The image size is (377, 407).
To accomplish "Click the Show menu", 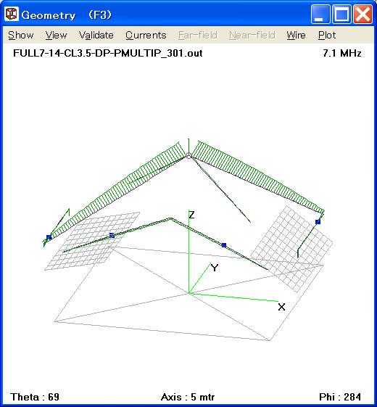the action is click(x=21, y=35).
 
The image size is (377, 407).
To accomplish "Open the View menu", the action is click(x=56, y=35).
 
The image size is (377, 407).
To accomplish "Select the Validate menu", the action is click(x=96, y=35).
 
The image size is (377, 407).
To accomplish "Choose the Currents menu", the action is click(x=146, y=35).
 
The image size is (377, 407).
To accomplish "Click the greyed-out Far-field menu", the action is click(x=198, y=35).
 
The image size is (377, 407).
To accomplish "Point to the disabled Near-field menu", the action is click(x=252, y=35).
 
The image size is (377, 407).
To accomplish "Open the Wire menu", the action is click(x=296, y=35).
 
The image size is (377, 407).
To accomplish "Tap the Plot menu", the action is click(x=327, y=35).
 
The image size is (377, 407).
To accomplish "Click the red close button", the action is click(x=362, y=14).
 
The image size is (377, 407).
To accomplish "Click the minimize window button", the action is click(x=320, y=14).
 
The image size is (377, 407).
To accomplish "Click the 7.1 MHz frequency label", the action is click(x=341, y=53).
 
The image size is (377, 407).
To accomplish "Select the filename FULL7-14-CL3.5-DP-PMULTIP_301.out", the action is click(x=108, y=53).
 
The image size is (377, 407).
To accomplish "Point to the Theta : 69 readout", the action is click(x=35, y=397).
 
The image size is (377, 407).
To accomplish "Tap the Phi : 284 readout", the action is click(x=340, y=397).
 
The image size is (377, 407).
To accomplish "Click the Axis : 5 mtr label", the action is click(x=188, y=397).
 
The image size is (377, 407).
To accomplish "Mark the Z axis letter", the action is click(x=191, y=215).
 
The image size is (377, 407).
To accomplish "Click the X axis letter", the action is click(x=281, y=307).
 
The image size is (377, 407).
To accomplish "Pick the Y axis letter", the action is click(x=215, y=268).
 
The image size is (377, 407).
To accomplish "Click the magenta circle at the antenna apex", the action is click(x=188, y=156).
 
